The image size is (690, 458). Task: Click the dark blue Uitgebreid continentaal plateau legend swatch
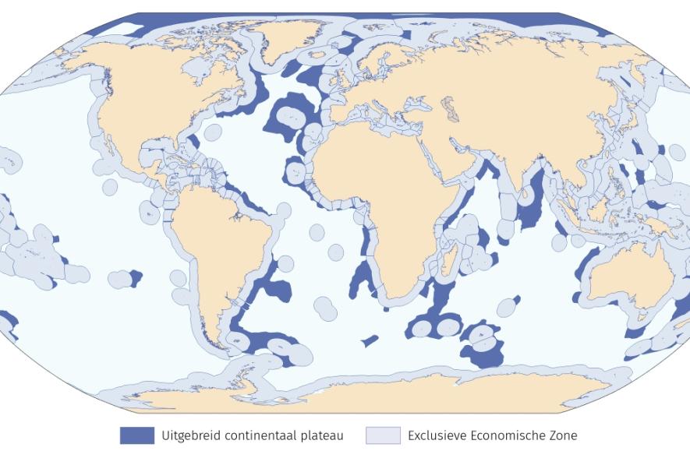136,435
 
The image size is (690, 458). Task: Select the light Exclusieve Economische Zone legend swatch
382,435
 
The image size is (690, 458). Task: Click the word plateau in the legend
320,436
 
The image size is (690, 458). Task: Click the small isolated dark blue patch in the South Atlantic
370,340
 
